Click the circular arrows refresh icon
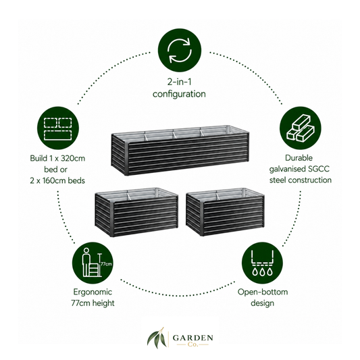click(x=179, y=51)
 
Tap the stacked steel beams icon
click(x=300, y=128)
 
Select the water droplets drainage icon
click(x=262, y=263)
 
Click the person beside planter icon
click(x=93, y=263)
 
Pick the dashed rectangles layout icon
click(x=58, y=128)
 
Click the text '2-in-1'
click(x=179, y=82)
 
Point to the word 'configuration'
click(x=179, y=94)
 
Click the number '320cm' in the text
click(x=73, y=158)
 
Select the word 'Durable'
click(x=299, y=158)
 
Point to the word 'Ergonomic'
click(x=93, y=292)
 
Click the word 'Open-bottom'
click(x=263, y=292)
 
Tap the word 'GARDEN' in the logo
click(x=192, y=338)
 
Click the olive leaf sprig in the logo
click(x=157, y=338)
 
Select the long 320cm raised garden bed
click(x=180, y=150)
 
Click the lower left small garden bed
click(x=136, y=212)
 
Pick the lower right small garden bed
click(x=225, y=212)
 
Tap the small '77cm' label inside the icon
click(x=106, y=264)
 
